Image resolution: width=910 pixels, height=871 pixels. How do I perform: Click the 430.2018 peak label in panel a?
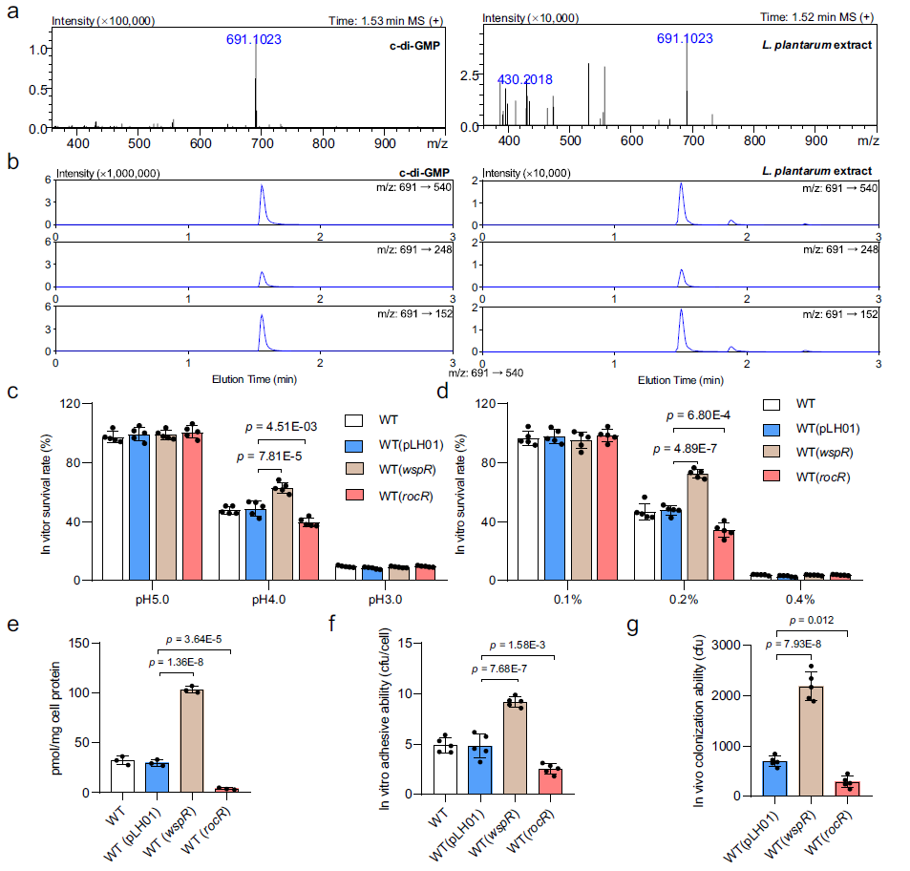click(x=524, y=79)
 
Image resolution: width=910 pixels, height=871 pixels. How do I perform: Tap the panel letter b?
click(x=11, y=163)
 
